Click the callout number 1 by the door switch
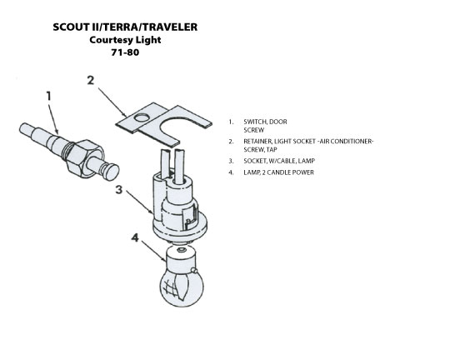tap(49, 96)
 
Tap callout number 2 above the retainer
tap(91, 80)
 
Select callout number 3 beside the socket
tap(119, 190)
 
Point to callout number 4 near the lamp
tap(135, 237)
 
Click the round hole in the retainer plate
tap(142, 117)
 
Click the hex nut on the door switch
tap(85, 157)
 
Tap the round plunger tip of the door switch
tap(112, 172)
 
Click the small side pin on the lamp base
tap(194, 270)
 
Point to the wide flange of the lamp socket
tap(180, 227)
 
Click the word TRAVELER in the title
tap(170, 27)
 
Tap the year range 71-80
tap(125, 52)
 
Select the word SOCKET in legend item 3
tap(255, 161)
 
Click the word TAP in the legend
tap(272, 149)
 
